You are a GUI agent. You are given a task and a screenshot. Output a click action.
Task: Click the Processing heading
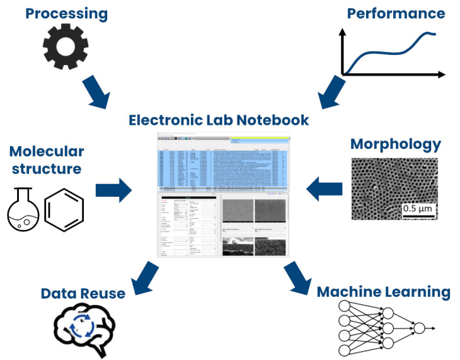coord(58,13)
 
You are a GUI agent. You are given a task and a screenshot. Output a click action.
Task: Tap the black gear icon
coord(65,47)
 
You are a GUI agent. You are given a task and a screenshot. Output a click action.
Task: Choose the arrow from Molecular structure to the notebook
coord(114,189)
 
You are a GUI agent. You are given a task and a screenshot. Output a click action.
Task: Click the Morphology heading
coord(396,144)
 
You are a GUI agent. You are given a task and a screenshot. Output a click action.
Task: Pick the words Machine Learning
coord(383,292)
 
